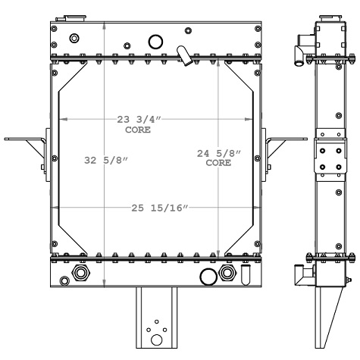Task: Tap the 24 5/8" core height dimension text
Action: [x=218, y=153]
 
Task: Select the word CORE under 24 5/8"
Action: [x=218, y=162]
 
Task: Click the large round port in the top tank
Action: [x=155, y=42]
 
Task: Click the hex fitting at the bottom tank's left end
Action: [x=80, y=273]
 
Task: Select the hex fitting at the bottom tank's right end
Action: [x=226, y=273]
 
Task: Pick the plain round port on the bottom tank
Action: [x=207, y=275]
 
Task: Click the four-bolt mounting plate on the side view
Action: [x=327, y=161]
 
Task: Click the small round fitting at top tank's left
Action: [x=74, y=39]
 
